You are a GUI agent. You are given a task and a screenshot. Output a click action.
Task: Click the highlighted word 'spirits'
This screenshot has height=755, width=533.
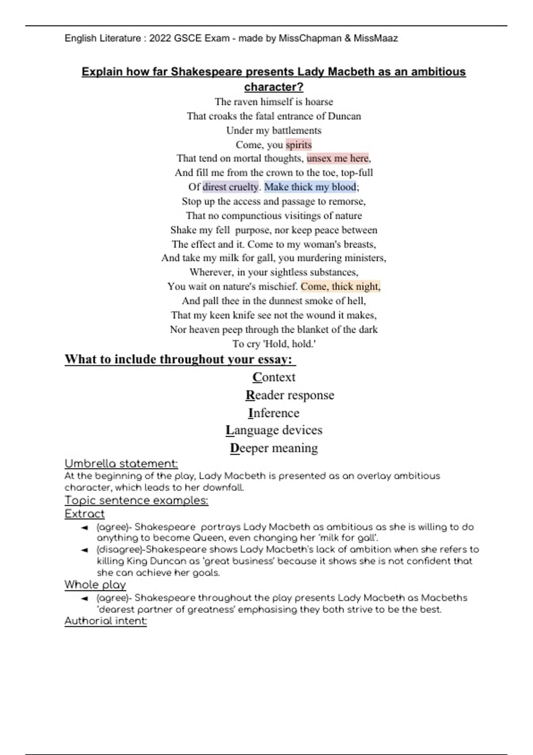pyautogui.click(x=298, y=145)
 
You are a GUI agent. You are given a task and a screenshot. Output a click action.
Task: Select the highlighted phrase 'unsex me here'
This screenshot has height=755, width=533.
pyautogui.click(x=338, y=159)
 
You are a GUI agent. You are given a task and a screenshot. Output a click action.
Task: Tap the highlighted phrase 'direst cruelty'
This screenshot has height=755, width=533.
pyautogui.click(x=230, y=187)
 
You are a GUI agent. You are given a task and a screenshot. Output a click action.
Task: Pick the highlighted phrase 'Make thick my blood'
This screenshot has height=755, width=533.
pyautogui.click(x=310, y=187)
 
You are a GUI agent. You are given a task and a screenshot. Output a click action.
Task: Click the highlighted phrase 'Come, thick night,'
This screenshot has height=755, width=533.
pyautogui.click(x=340, y=286)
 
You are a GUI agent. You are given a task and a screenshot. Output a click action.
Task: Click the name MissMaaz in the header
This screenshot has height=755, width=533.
pyautogui.click(x=376, y=38)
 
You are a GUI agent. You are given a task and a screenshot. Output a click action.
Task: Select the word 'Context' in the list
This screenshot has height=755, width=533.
pyautogui.click(x=274, y=377)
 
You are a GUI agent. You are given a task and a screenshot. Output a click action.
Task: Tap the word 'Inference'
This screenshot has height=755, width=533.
pyautogui.click(x=274, y=413)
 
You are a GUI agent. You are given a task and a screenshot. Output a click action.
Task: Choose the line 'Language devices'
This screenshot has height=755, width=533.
pyautogui.click(x=274, y=430)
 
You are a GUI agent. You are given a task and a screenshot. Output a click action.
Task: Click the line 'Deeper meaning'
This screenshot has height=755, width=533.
pyautogui.click(x=274, y=448)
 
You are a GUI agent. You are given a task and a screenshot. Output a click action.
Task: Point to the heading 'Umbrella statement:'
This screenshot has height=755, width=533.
pyautogui.click(x=121, y=464)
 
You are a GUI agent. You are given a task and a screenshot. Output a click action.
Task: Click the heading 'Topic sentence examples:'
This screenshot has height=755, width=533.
pyautogui.click(x=136, y=501)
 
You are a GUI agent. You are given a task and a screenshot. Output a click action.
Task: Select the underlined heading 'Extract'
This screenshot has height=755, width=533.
pyautogui.click(x=84, y=514)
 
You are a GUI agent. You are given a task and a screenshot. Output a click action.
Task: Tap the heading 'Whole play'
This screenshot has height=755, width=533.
pyautogui.click(x=95, y=585)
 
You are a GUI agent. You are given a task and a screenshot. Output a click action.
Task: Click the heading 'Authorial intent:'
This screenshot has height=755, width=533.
pyautogui.click(x=105, y=621)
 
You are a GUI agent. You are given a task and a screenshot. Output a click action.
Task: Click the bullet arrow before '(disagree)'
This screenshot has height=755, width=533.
pyautogui.click(x=84, y=550)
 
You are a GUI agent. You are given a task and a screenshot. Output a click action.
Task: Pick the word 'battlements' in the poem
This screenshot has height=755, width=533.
pyautogui.click(x=296, y=131)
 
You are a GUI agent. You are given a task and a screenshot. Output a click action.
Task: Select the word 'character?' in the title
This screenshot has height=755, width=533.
pyautogui.click(x=274, y=87)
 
